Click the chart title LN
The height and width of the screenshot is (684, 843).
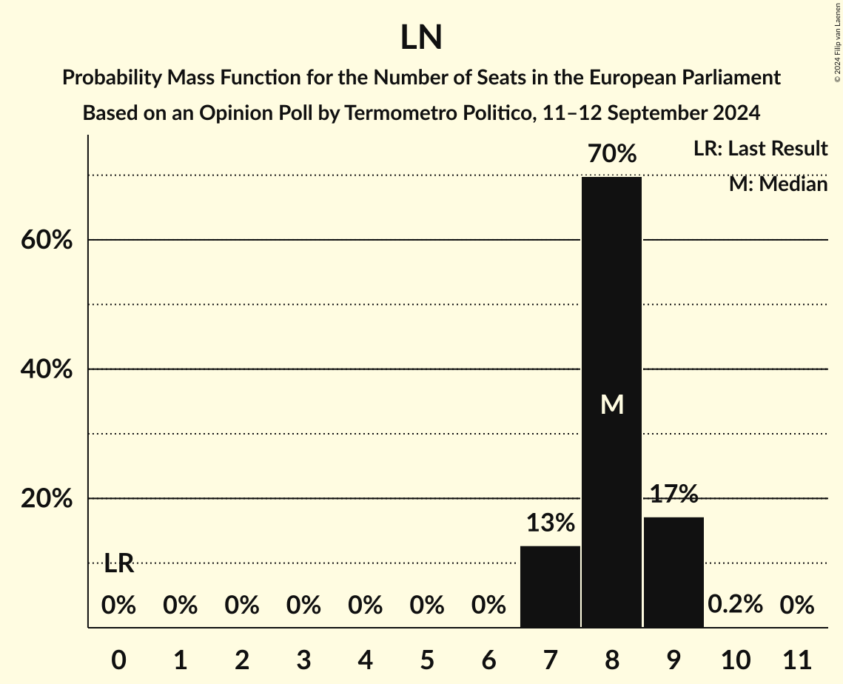(421, 38)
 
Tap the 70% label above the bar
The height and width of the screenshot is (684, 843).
(611, 154)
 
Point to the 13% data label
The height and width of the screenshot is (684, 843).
(550, 523)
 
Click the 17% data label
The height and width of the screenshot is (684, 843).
(674, 494)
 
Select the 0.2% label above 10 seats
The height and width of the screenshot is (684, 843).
(735, 605)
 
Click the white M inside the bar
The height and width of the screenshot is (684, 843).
(611, 404)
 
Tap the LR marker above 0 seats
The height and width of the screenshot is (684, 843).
(118, 563)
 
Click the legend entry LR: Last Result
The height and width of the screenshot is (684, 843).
(760, 149)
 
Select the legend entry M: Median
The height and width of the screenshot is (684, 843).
(778, 184)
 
